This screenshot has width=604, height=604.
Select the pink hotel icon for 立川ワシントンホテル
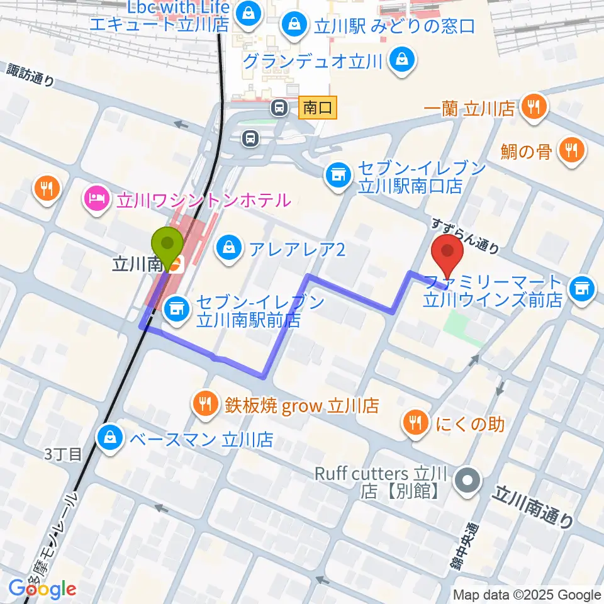(96, 201)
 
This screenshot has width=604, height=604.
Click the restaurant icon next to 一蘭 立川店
(534, 108)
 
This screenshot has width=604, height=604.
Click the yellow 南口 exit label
(318, 108)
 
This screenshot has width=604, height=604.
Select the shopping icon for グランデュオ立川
(400, 61)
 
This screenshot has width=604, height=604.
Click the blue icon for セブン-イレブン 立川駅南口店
(338, 174)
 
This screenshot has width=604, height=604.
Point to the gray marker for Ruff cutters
(467, 481)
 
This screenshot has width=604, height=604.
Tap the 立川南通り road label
(534, 506)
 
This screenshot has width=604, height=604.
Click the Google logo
(43, 589)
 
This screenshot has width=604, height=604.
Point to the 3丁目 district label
(63, 454)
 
